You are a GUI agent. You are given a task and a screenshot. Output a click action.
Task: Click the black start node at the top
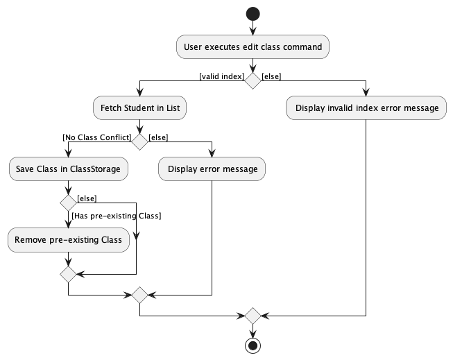point(253,13)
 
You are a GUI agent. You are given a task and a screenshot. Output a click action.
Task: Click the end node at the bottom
point(253,345)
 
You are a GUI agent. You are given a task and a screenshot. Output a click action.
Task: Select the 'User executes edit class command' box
point(253,47)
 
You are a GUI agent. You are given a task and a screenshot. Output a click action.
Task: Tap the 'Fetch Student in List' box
point(140,108)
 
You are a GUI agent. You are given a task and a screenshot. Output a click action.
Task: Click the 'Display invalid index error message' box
point(366,108)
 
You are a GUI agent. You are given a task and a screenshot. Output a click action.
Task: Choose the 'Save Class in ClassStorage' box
point(68,169)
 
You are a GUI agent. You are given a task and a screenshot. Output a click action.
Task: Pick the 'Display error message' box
point(212,169)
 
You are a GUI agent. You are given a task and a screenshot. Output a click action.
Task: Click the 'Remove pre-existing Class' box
point(68,239)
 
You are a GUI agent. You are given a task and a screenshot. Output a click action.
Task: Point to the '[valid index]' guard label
point(221,76)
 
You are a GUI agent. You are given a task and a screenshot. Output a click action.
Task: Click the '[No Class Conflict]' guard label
point(96,137)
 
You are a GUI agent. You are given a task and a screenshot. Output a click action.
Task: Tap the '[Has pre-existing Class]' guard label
point(116,216)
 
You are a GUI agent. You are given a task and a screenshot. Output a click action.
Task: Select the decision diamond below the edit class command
point(253,80)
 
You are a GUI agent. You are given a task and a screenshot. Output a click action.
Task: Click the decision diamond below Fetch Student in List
point(140,142)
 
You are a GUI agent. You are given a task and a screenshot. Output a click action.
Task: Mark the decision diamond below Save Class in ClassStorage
point(68,203)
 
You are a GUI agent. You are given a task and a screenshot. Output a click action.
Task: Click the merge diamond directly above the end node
point(253,316)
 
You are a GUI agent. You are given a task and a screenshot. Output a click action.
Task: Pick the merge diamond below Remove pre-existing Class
point(68,273)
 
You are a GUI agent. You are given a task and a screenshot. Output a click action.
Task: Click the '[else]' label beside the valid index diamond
point(272,76)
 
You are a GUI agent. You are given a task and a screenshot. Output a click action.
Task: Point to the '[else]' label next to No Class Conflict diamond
point(159,137)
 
